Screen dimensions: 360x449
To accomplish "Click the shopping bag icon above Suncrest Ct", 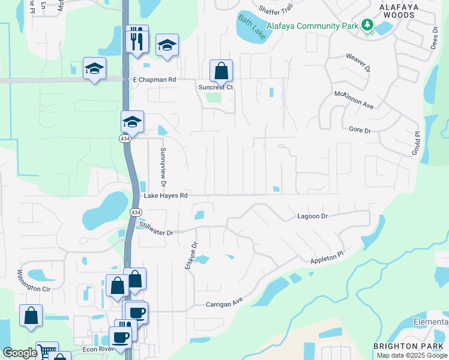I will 221,71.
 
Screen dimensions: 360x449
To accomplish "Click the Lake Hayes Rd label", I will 166,196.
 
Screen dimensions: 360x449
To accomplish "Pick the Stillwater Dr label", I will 156,229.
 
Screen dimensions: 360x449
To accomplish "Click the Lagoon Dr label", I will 313,216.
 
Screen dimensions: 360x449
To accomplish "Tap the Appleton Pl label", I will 327,258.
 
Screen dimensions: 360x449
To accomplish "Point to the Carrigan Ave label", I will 224,303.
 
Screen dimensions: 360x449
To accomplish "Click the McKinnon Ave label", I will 354,100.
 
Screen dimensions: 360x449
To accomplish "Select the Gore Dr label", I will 360,130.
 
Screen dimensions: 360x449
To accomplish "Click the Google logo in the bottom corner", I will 20,353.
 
